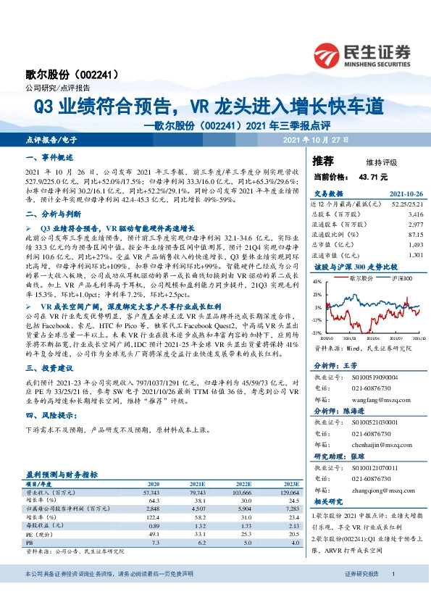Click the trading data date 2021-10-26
pos(398,193)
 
